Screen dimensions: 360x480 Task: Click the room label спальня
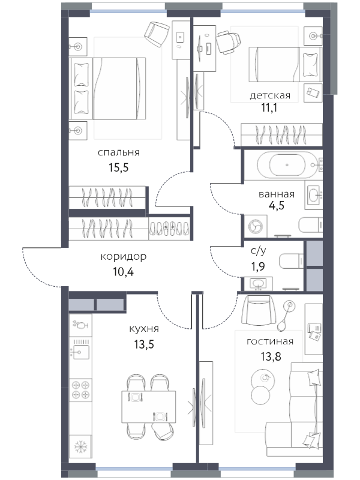click(118, 152)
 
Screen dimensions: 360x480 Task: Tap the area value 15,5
click(118, 167)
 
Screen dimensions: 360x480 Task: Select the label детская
click(270, 95)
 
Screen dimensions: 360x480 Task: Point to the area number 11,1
click(269, 108)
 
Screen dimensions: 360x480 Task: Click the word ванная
click(277, 194)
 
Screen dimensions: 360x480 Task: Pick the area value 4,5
click(277, 205)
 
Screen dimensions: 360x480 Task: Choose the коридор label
click(124, 257)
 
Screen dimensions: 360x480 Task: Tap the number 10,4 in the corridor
click(124, 272)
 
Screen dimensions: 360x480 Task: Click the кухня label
click(144, 329)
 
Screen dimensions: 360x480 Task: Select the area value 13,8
click(271, 356)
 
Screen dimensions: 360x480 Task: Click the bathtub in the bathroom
click(287, 164)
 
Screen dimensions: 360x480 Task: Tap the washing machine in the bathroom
click(256, 226)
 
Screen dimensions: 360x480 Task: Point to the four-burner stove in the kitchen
click(80, 390)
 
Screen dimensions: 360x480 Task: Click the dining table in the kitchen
click(148, 407)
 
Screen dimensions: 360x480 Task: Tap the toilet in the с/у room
click(292, 261)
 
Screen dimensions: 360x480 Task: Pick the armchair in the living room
click(259, 310)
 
